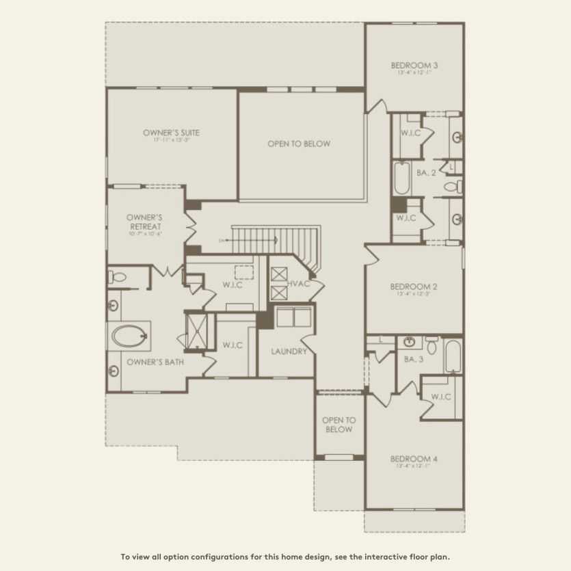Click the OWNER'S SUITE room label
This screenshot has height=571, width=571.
[x=171, y=132]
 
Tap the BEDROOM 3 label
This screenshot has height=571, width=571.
[x=414, y=66]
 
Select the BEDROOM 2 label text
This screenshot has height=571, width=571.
[x=414, y=287]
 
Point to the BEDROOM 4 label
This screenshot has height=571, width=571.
[x=414, y=459]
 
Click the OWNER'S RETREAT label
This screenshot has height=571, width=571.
[x=144, y=221]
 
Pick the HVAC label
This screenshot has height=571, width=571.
[x=298, y=284]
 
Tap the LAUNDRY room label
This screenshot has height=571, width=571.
[x=289, y=351]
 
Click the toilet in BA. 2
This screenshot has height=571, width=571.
[x=451, y=186]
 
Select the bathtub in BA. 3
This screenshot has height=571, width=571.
[x=453, y=356]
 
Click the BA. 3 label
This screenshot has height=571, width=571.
[x=414, y=359]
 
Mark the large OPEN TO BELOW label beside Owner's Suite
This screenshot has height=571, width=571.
[x=299, y=144]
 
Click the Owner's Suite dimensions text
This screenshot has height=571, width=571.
[x=171, y=140]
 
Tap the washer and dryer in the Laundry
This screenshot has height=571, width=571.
[x=293, y=317]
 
